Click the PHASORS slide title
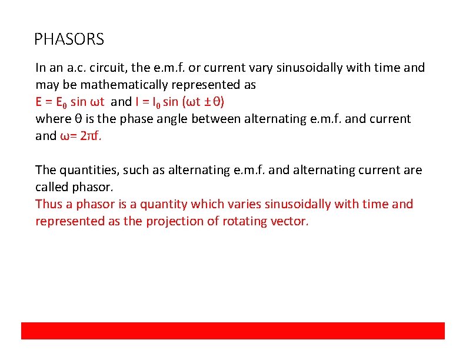point(69,39)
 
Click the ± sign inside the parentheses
point(207,102)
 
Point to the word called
point(51,187)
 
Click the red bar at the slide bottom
point(233,331)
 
